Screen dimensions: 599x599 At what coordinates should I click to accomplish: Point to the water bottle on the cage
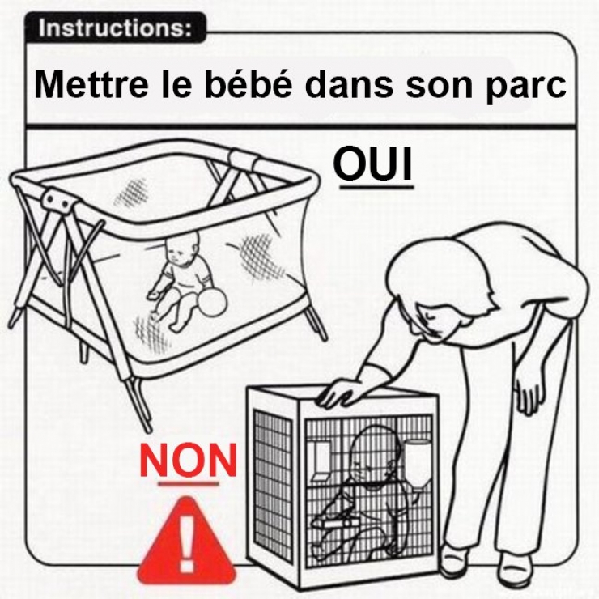click(418, 461)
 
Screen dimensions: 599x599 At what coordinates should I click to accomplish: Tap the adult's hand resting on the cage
click(340, 394)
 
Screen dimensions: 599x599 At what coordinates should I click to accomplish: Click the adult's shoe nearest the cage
click(455, 559)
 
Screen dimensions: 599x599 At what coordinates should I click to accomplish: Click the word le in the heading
click(164, 85)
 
